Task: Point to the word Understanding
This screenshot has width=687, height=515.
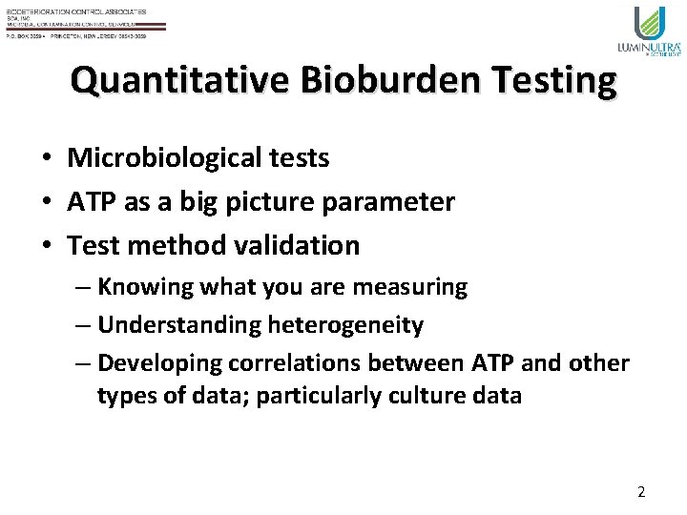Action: [x=178, y=325]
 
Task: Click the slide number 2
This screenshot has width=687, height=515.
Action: [x=641, y=492]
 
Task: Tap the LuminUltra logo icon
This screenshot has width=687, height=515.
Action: [x=651, y=23]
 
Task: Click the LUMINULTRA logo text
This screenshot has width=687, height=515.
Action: [x=650, y=46]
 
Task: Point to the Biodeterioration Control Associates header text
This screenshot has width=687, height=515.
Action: [x=76, y=10]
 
